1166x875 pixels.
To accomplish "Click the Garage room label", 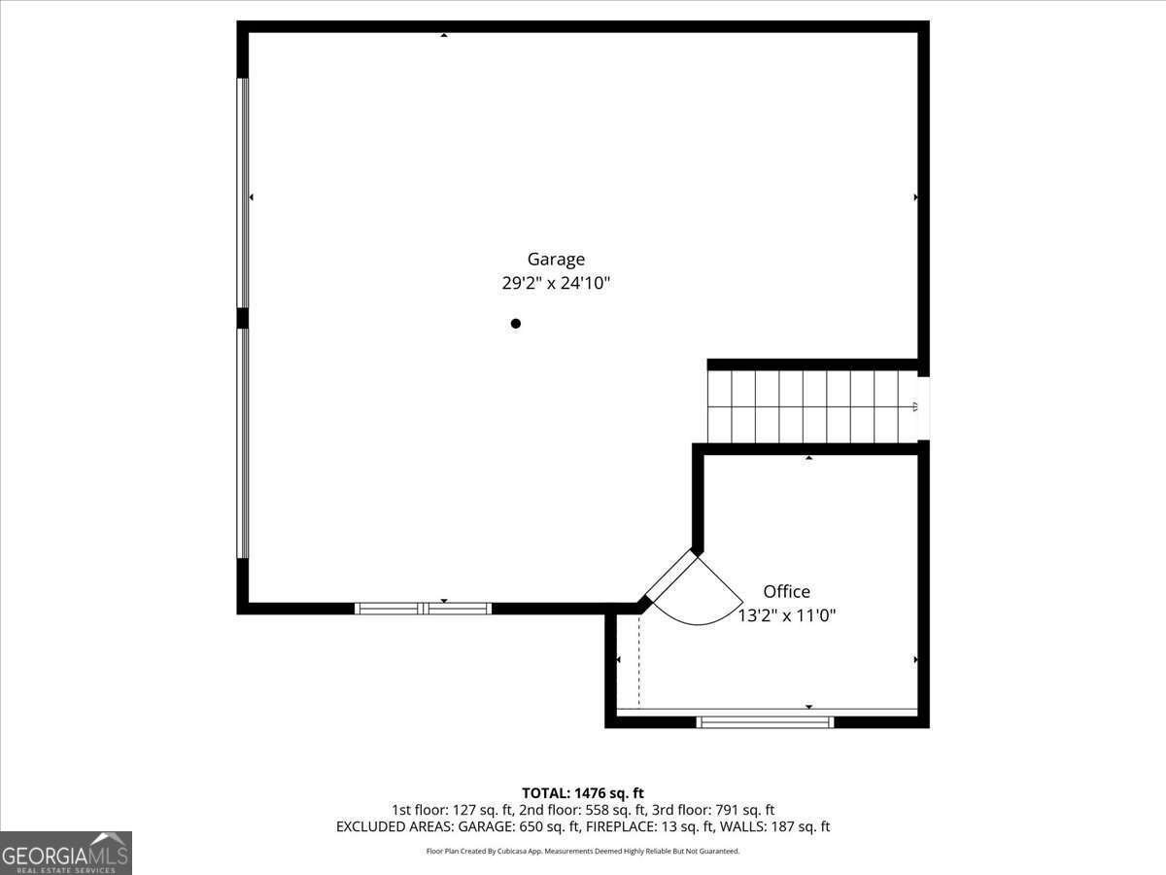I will (556, 260).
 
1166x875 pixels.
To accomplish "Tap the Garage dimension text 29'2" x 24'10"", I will (556, 284).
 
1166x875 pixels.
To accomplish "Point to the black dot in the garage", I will (516, 324).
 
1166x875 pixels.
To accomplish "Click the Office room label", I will (786, 591).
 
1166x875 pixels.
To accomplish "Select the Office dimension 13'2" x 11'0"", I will (787, 615).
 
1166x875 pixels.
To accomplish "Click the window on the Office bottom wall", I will (766, 721).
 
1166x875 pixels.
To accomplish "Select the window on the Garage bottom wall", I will (423, 609).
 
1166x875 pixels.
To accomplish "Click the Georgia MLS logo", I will (66, 853).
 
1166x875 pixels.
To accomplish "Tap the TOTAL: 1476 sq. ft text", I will (583, 793).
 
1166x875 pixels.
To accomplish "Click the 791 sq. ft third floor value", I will (743, 810).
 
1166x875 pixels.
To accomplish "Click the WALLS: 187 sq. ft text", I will (776, 827).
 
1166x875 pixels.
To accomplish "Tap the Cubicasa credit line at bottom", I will (583, 852).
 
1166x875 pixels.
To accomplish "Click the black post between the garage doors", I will (243, 318).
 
